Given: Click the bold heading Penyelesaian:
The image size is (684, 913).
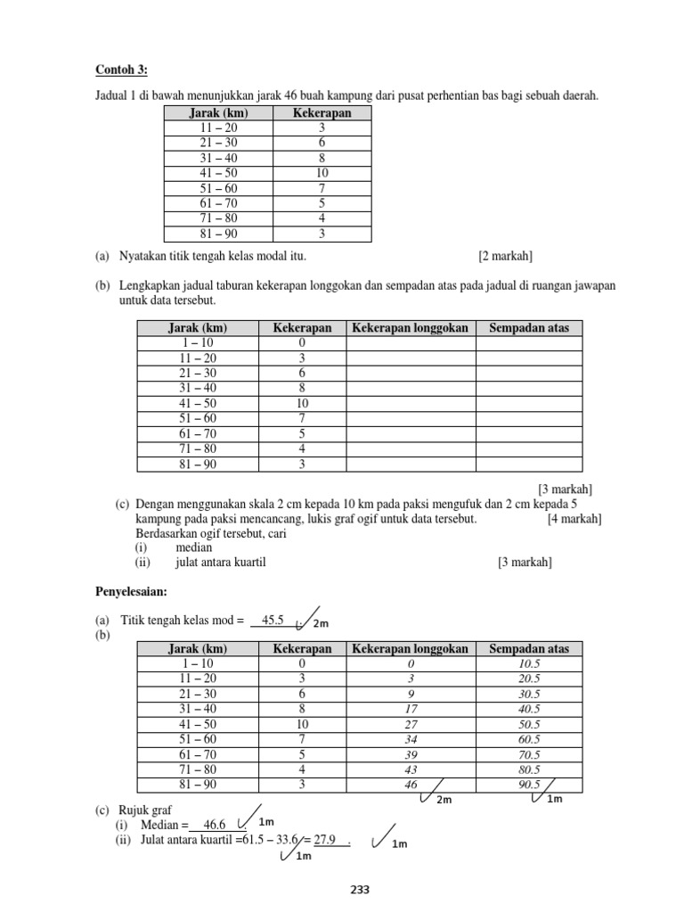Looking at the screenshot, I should pyautogui.click(x=131, y=592).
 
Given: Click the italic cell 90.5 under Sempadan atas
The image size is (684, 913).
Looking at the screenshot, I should pyautogui.click(x=529, y=785).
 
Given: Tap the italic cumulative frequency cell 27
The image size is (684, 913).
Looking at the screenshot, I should pyautogui.click(x=411, y=724).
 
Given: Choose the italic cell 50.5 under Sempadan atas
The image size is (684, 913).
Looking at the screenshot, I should pyautogui.click(x=529, y=724).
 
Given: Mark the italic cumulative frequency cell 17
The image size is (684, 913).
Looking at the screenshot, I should pyautogui.click(x=411, y=709).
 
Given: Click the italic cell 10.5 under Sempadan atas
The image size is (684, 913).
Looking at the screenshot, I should pyautogui.click(x=529, y=663).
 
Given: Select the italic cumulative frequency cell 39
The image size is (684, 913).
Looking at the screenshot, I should pyautogui.click(x=411, y=754).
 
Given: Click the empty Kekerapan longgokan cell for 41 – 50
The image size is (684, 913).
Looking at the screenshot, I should pyautogui.click(x=411, y=404).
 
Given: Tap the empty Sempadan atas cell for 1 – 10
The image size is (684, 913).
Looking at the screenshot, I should pyautogui.click(x=529, y=343).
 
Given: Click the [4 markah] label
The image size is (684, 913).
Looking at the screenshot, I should pyautogui.click(x=574, y=519).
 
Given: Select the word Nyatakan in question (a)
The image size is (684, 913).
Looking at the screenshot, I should pyautogui.click(x=143, y=257).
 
